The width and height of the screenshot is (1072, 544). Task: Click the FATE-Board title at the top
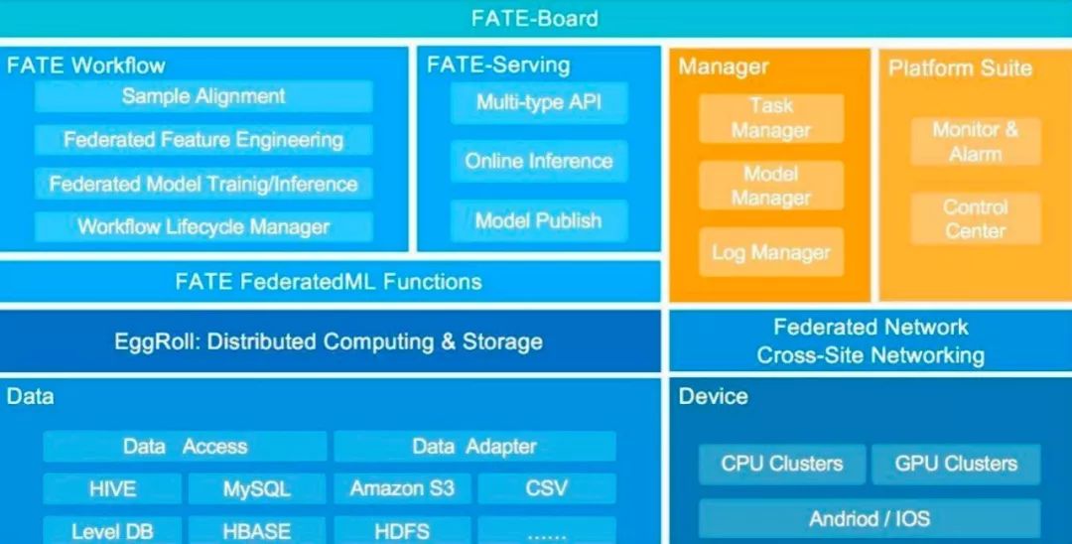(x=535, y=18)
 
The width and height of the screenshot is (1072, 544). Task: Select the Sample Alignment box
(x=203, y=96)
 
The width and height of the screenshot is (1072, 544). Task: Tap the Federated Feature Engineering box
(x=203, y=140)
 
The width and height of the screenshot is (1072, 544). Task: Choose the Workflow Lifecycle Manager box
(x=203, y=226)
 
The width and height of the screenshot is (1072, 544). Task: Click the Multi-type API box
(x=539, y=102)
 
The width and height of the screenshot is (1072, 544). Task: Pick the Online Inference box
(x=539, y=161)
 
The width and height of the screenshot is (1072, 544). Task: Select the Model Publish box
(x=539, y=220)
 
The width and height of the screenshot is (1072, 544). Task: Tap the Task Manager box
(x=771, y=118)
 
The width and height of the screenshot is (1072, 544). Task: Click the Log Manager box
(x=771, y=253)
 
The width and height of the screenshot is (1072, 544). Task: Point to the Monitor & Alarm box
(x=976, y=142)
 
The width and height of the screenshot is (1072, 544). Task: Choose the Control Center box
(x=976, y=218)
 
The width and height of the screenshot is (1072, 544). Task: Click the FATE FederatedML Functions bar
(x=331, y=282)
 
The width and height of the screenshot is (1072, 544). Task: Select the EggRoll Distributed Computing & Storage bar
(x=331, y=341)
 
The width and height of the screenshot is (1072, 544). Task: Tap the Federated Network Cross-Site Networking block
(x=871, y=341)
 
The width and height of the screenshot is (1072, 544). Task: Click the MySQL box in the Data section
(x=257, y=488)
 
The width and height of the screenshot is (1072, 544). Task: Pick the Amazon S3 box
(x=402, y=488)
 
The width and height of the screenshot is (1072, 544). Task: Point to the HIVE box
(x=112, y=488)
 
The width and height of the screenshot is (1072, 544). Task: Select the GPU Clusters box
(x=957, y=464)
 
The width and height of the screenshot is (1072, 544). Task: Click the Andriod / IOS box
(x=870, y=519)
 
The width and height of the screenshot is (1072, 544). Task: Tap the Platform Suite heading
(x=960, y=68)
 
